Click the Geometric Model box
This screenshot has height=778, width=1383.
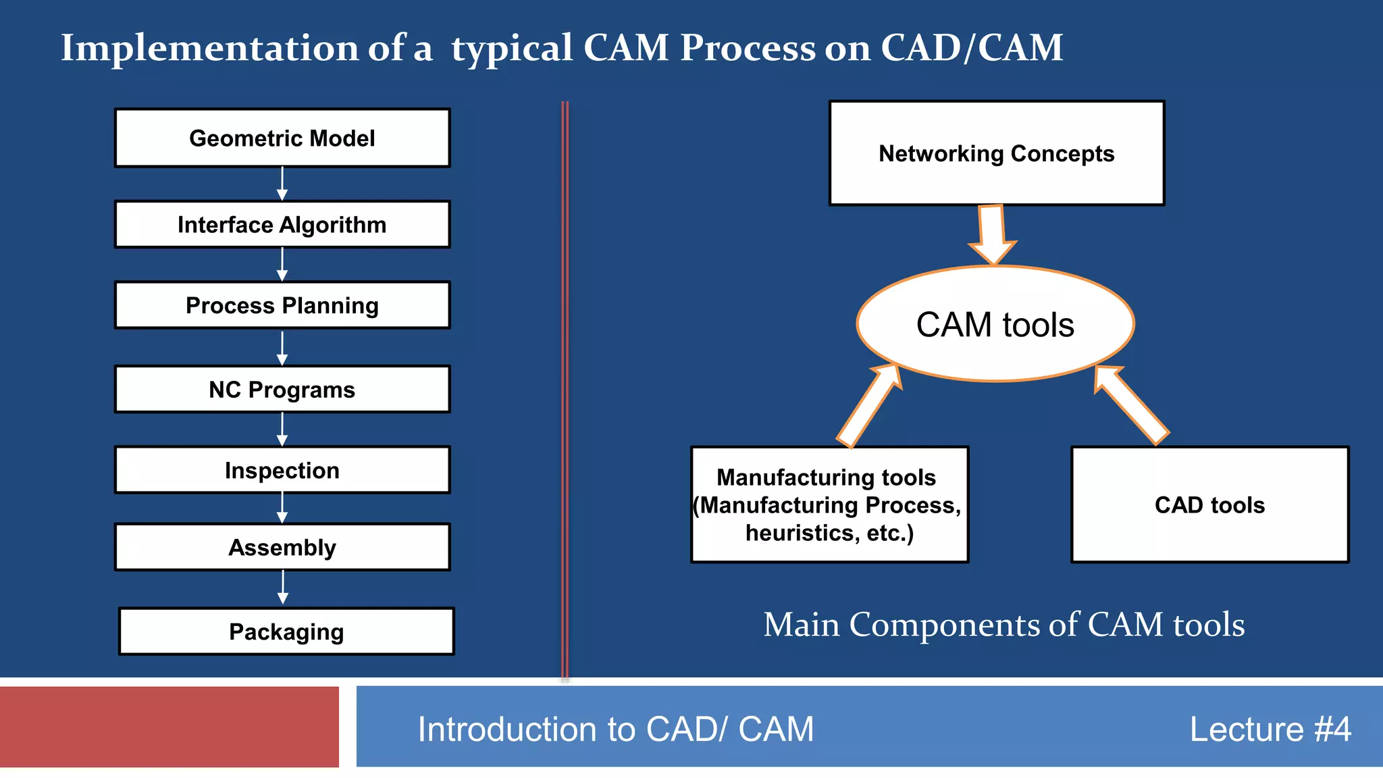(282, 138)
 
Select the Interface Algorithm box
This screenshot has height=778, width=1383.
(282, 224)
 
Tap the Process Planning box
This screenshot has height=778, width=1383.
(282, 305)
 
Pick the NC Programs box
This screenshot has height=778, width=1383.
(282, 390)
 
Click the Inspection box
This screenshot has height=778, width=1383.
(282, 470)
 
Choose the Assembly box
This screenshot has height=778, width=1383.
(282, 547)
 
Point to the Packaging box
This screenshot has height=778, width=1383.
(286, 631)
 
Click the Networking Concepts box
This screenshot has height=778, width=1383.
(997, 153)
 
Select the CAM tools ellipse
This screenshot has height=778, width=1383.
(995, 324)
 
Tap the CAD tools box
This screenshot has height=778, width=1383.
(1209, 504)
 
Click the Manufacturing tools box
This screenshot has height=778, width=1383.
(829, 504)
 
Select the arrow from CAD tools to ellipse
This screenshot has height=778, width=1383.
(1131, 405)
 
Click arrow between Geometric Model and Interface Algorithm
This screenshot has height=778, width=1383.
(282, 184)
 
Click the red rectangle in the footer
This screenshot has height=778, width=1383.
(169, 727)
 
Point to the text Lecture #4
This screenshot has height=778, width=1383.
(1270, 729)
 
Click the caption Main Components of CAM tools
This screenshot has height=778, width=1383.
(1004, 625)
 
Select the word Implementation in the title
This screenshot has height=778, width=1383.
(210, 49)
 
